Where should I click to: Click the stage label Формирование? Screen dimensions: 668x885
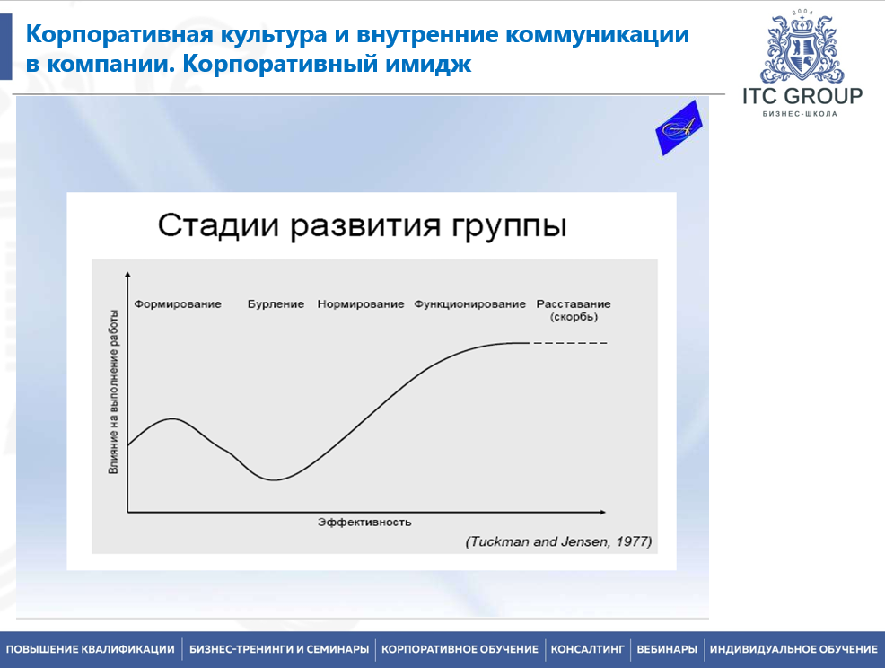pyautogui.click(x=178, y=304)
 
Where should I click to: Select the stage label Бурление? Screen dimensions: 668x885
pyautogui.click(x=276, y=304)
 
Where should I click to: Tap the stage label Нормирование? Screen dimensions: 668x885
pyautogui.click(x=361, y=304)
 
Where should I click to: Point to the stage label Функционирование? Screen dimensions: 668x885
pyautogui.click(x=469, y=304)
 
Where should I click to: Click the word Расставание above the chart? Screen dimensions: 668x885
pyautogui.click(x=573, y=304)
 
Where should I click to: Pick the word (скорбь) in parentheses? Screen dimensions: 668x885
pyautogui.click(x=573, y=317)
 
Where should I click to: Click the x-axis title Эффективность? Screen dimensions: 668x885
pyautogui.click(x=364, y=522)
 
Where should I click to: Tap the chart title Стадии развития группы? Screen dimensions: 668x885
pyautogui.click(x=362, y=225)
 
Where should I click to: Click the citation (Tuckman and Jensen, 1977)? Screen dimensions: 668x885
pyautogui.click(x=558, y=542)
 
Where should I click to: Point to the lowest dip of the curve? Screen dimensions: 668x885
pyautogui.click(x=275, y=479)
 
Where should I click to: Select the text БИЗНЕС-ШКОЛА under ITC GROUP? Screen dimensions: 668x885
pyautogui.click(x=802, y=114)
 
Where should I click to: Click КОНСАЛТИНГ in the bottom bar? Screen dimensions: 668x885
pyautogui.click(x=587, y=649)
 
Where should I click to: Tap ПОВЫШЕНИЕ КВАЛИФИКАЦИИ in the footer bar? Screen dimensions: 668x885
pyautogui.click(x=91, y=649)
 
